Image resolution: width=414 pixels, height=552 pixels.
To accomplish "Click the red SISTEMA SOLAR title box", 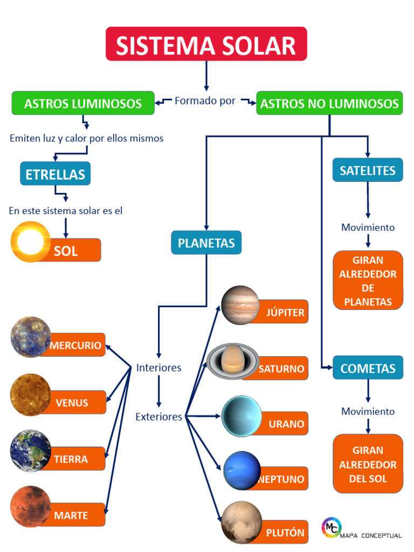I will pos(206,44).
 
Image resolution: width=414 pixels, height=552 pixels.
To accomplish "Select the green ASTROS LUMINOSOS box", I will pos(83,103).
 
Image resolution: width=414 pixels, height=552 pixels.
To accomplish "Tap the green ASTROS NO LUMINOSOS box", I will pos(329,103).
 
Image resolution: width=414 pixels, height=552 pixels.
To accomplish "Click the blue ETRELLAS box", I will pos(56,174).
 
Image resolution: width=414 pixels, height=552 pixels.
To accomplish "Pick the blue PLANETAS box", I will pos(206,243).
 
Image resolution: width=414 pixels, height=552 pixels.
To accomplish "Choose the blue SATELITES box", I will pos(368,170).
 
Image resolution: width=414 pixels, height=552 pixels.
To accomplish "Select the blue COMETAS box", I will pos(368,368).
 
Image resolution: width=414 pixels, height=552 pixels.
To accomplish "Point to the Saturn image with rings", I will pos(233,361).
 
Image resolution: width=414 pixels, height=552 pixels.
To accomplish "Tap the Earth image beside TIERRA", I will pos(30,450).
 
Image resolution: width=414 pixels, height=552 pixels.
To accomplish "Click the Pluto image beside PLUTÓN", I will pos(241,522).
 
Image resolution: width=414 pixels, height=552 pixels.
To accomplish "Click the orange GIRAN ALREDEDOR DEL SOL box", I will pos(368,464).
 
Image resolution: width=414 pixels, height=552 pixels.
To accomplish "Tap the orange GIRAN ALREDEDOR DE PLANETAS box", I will pos(368,280).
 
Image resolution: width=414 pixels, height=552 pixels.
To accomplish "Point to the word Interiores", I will pos(158,368).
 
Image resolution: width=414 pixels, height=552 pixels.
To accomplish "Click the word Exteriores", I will pos(158,417).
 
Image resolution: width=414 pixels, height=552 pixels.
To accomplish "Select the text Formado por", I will pos(205,101).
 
